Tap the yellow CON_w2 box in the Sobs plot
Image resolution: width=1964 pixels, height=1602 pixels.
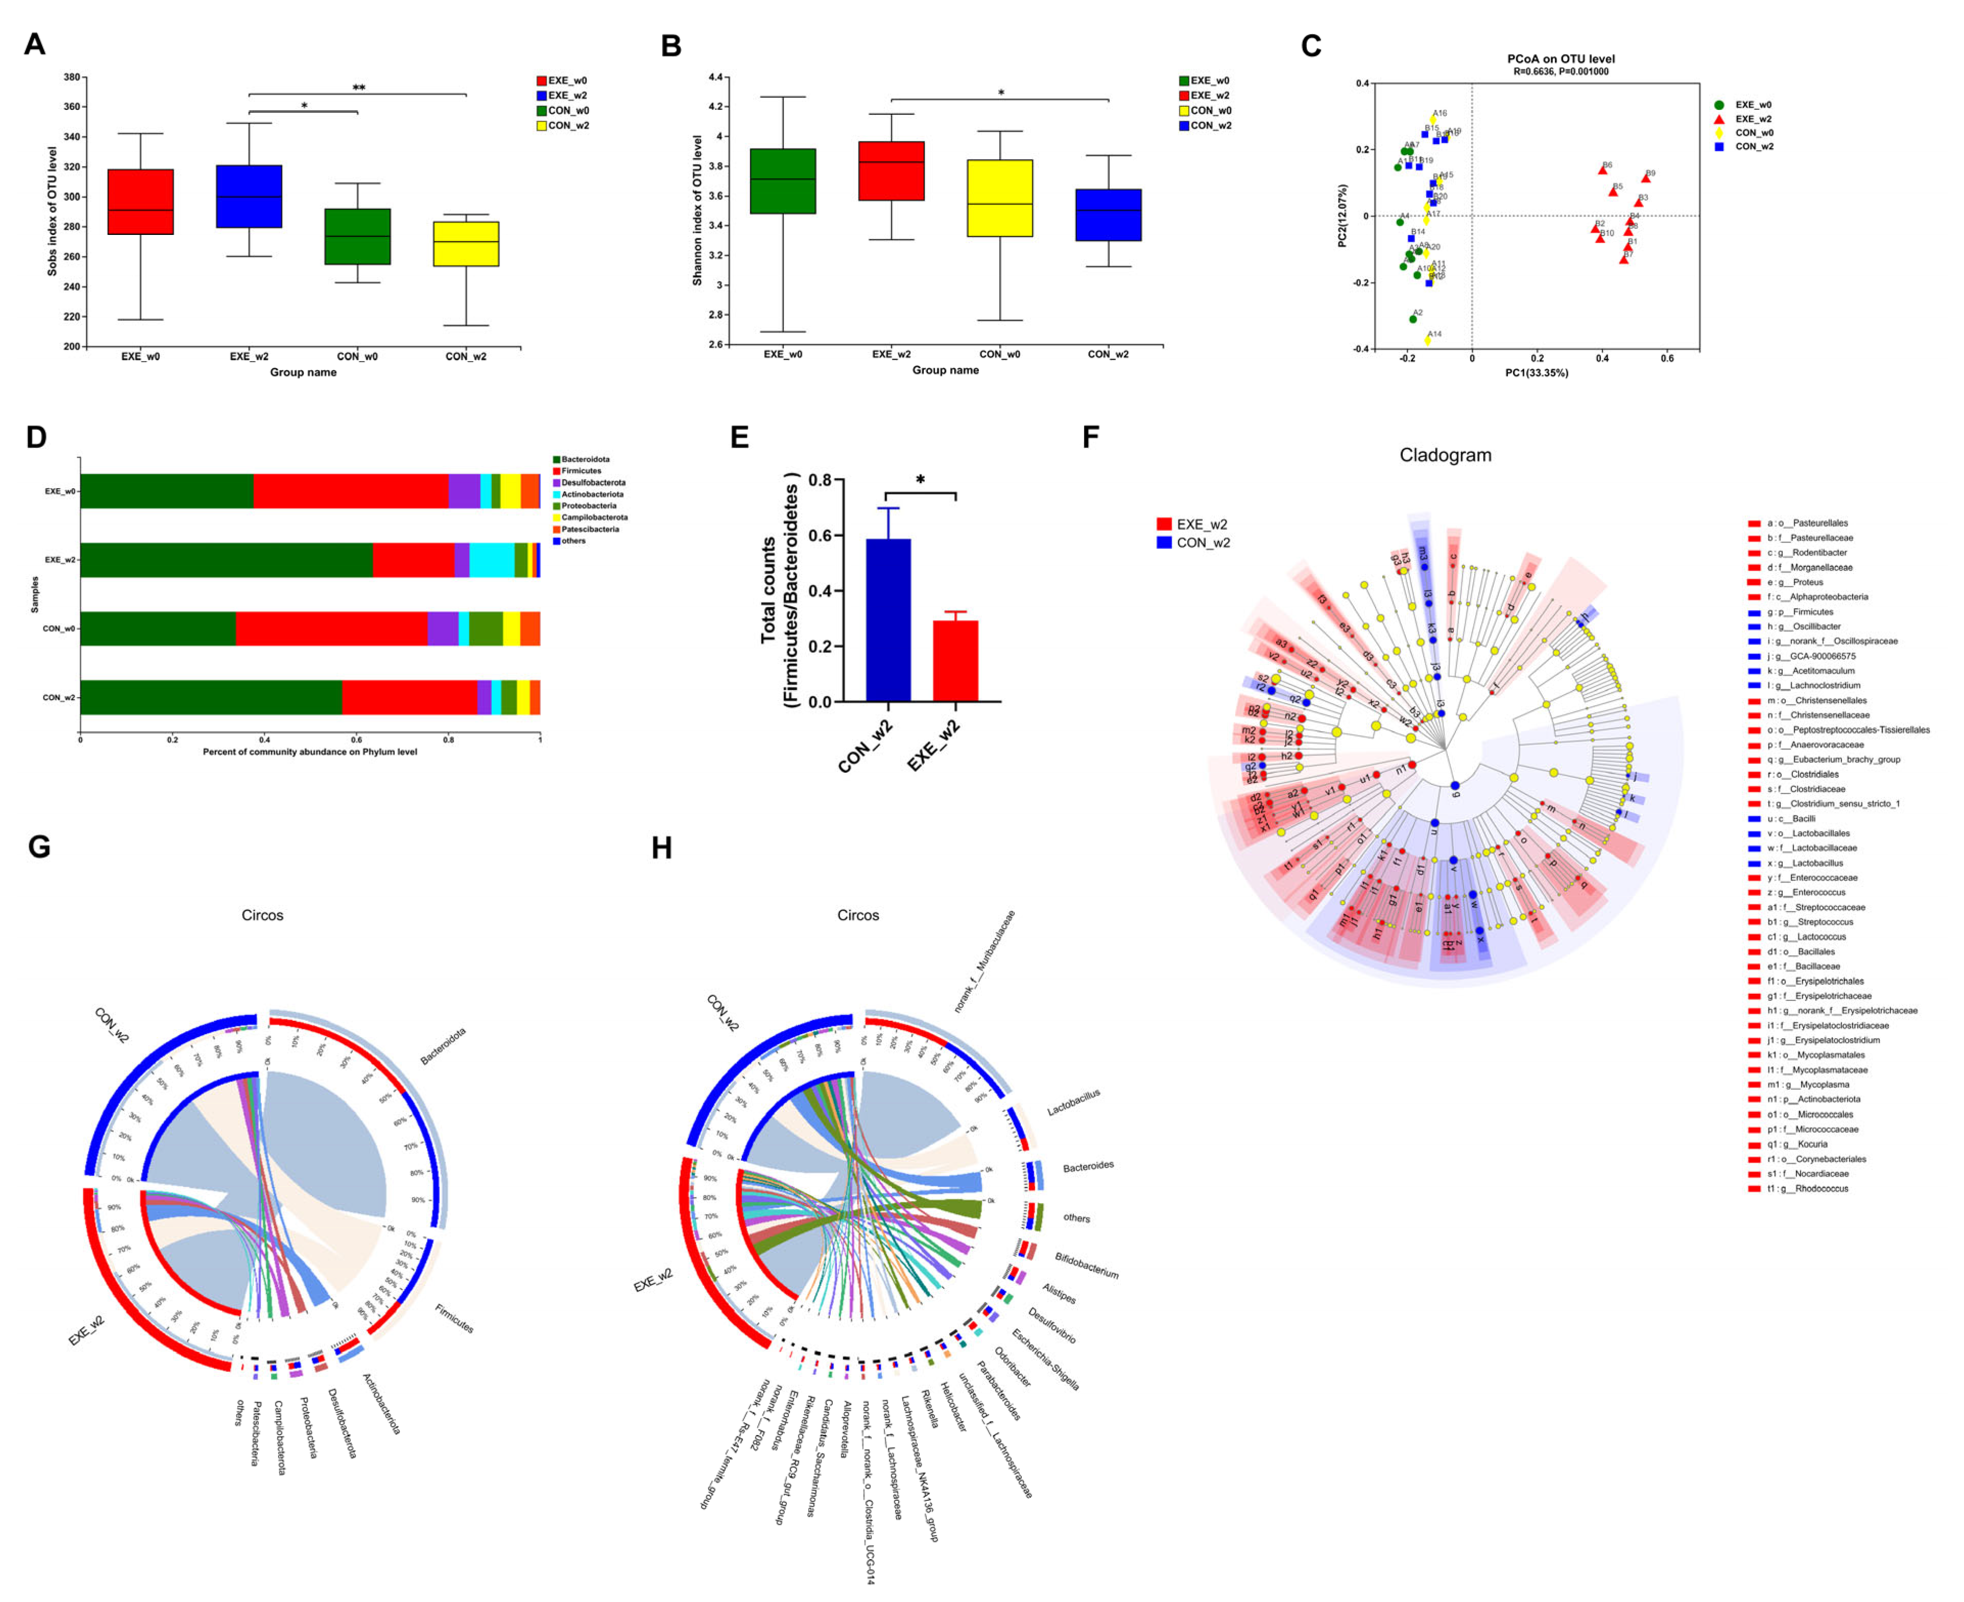(466, 244)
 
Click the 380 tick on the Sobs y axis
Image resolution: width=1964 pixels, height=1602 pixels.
(71, 78)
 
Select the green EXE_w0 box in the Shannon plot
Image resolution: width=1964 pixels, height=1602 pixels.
(783, 181)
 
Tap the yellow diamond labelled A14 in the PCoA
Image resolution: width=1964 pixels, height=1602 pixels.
(1428, 341)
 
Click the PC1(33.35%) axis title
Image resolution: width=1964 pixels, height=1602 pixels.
(1537, 373)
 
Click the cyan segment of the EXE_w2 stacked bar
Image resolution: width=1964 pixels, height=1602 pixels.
(492, 560)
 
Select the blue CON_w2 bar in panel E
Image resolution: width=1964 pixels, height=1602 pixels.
(888, 620)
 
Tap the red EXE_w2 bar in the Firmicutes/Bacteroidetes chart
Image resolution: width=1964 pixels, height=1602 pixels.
(955, 661)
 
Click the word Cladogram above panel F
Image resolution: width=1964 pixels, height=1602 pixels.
(1444, 455)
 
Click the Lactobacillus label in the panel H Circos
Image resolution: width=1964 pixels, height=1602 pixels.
(1073, 1102)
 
